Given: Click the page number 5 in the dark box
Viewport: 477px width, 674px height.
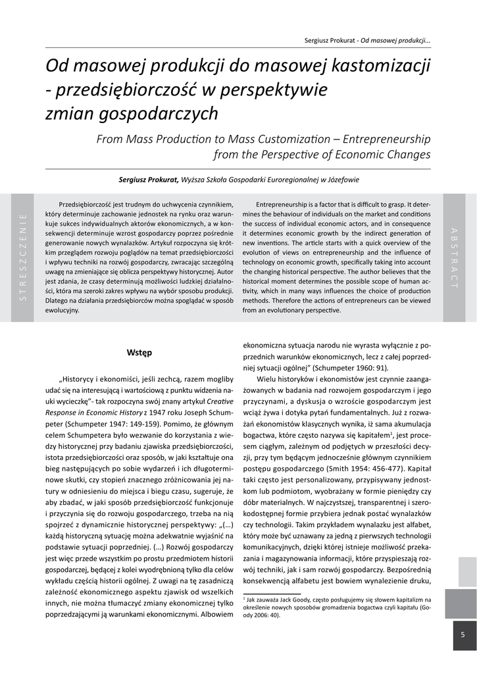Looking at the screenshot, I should pos(463,635).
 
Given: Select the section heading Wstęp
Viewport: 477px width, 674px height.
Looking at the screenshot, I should pos(139,352).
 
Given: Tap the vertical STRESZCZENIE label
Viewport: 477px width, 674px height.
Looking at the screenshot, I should pos(23,257).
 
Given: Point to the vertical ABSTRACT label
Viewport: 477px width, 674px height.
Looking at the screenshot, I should pos(453,257).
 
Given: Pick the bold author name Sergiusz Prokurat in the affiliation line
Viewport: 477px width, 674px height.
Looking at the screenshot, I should pos(148,179).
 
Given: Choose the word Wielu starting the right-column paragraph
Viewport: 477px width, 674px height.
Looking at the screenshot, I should pos(267,380).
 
